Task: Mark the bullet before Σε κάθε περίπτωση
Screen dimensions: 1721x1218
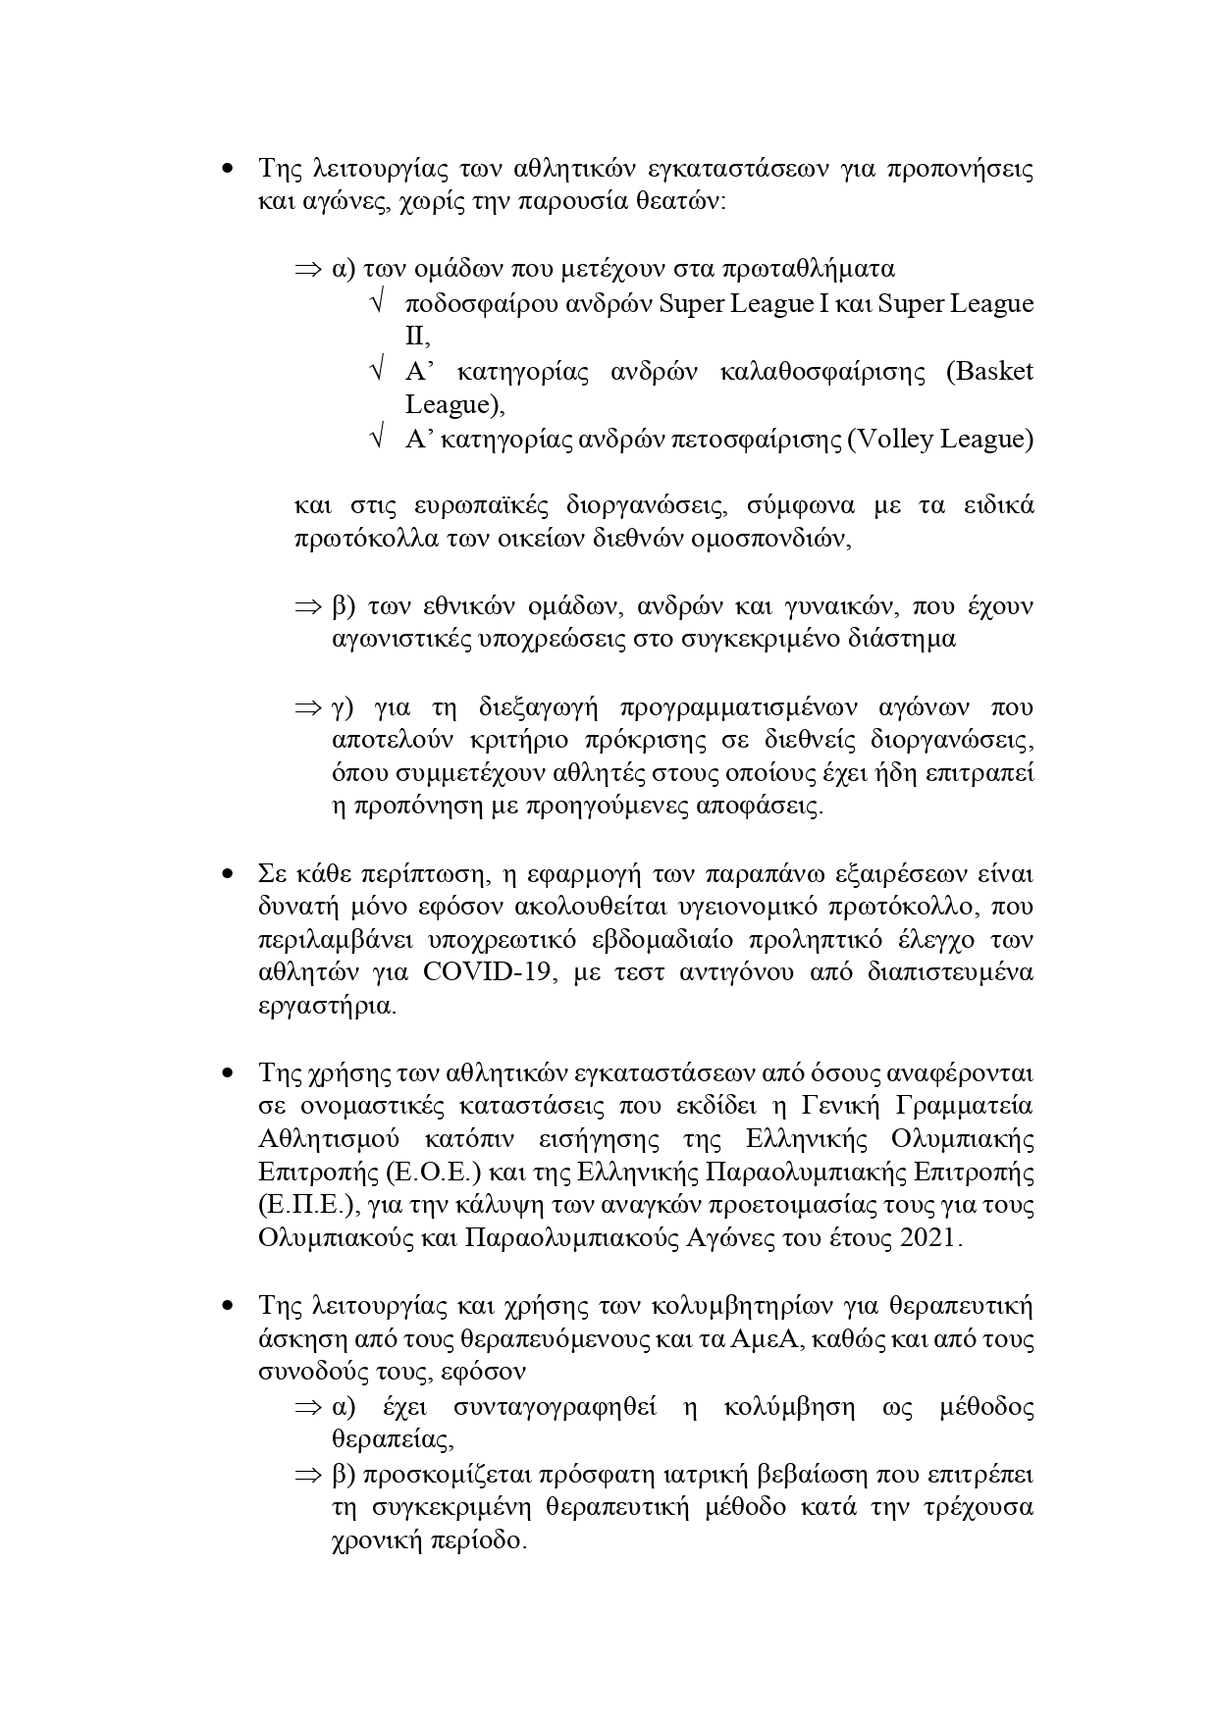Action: click(228, 873)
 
